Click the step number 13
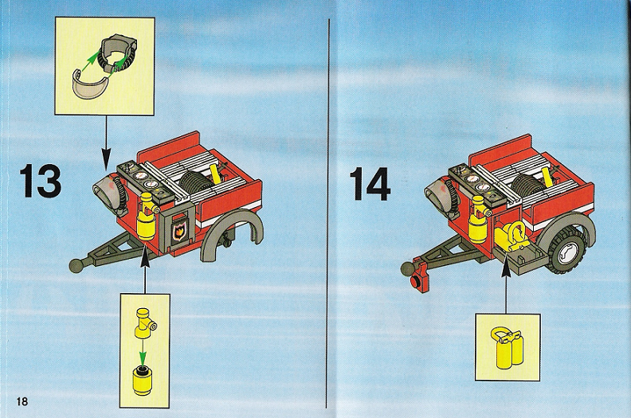pos(41,181)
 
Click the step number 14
pos(370,184)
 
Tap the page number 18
pos(22,400)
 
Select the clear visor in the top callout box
pos(90,85)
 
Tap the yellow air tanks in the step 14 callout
pos(508,348)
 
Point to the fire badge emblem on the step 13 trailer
pos(178,232)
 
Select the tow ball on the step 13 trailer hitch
pos(77,264)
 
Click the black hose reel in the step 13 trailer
pos(196,182)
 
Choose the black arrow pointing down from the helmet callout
pos(106,142)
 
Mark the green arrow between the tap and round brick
pos(142,353)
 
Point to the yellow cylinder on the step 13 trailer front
pos(147,218)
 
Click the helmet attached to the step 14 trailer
pos(440,197)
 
